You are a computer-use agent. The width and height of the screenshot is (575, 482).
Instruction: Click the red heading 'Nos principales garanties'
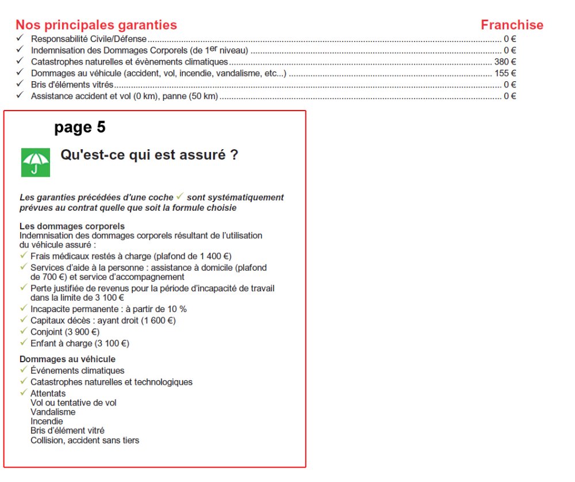point(96,25)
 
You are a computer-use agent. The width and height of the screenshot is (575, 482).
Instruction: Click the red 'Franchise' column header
point(512,25)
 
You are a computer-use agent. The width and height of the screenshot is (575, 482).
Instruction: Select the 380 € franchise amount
point(505,62)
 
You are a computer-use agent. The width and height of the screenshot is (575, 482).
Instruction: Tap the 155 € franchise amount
point(505,73)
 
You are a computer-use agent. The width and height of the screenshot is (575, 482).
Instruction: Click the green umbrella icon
point(36,162)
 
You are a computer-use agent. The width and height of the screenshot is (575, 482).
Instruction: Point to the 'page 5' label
point(80,127)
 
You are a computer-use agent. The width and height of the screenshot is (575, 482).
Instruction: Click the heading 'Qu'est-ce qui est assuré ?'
point(149,155)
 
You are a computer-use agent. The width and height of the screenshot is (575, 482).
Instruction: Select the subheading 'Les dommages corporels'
point(72,226)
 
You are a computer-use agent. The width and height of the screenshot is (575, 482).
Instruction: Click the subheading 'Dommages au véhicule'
point(67,359)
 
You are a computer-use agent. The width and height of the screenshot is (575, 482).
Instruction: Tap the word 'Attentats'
point(48,393)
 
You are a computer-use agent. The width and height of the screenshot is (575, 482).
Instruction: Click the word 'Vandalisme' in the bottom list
point(53,412)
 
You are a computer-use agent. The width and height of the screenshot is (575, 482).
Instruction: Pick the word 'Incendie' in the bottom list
point(47,422)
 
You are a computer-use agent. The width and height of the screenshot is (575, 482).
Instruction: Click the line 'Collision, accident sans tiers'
point(85,441)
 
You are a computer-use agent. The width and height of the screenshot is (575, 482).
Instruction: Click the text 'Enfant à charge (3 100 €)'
point(80,343)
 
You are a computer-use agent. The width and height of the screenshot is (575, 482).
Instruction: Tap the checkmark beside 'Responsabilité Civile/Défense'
point(20,39)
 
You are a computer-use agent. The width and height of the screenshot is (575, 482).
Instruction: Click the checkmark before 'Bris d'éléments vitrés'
point(20,85)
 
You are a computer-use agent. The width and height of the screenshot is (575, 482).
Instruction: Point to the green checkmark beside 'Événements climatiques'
point(24,370)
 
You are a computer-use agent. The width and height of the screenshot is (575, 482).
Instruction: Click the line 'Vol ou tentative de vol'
point(73,403)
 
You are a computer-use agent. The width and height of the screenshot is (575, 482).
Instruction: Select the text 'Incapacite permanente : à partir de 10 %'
point(108,309)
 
